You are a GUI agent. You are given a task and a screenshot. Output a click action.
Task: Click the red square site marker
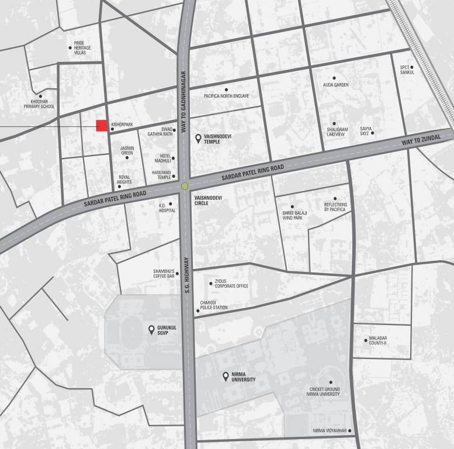102,125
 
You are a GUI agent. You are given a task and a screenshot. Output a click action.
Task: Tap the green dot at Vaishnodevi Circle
185,186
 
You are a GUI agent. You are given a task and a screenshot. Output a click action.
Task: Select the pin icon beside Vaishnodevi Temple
198,139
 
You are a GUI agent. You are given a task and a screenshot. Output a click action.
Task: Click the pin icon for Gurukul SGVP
152,330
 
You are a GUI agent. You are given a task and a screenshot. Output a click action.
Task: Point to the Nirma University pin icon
226,377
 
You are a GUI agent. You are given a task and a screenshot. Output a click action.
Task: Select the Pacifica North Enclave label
227,96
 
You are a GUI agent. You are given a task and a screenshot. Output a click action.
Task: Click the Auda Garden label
335,85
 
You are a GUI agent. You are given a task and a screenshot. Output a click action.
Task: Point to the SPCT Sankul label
407,70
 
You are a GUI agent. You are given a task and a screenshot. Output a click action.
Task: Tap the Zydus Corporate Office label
231,284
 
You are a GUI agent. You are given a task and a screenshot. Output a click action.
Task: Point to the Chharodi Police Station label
214,305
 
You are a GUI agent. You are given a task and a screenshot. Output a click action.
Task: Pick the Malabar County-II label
378,340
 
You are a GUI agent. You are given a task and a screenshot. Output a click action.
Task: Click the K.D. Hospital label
167,208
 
